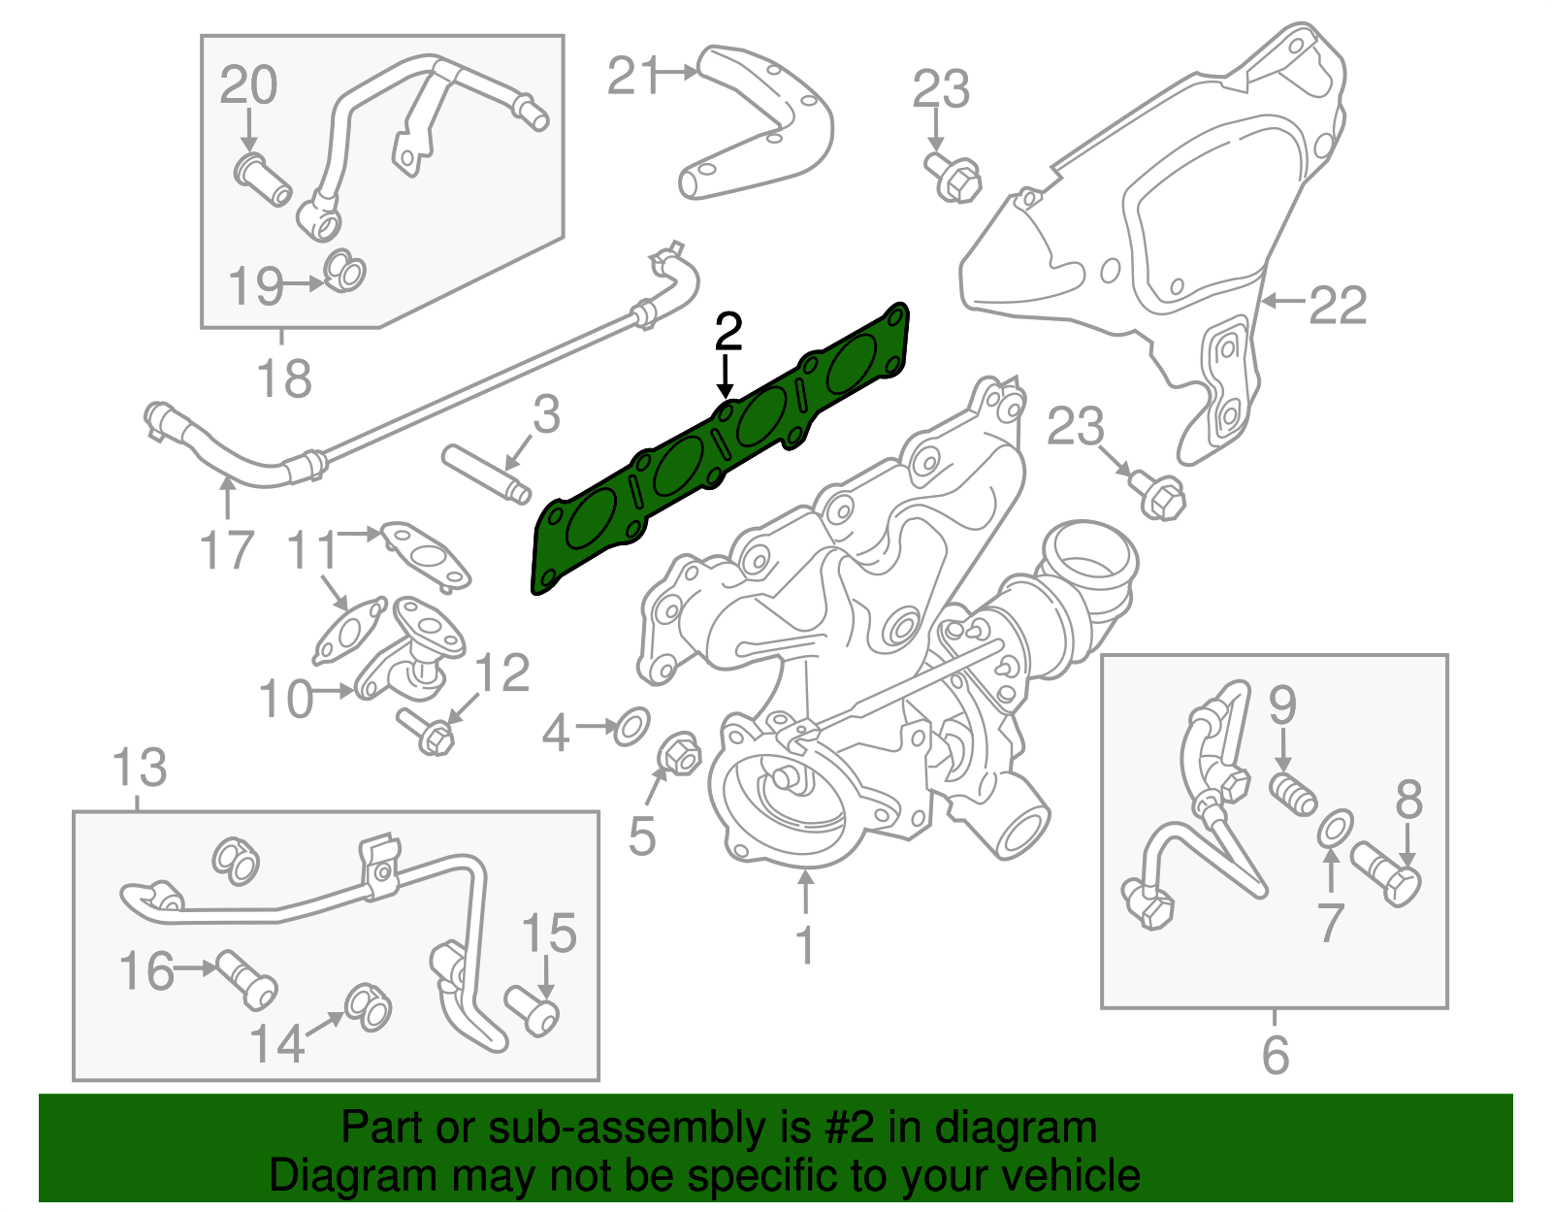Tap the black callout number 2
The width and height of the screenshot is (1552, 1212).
point(727,332)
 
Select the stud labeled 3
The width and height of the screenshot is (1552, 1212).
point(486,474)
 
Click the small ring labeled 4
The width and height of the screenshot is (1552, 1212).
point(631,726)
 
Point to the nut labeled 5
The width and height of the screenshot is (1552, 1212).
point(678,754)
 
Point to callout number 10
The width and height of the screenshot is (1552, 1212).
point(286,699)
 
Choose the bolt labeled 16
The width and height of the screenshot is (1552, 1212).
point(248,979)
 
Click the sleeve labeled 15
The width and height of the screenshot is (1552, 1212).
point(533,1011)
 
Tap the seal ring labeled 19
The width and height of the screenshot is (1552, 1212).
point(343,271)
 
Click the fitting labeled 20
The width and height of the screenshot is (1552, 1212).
point(263,179)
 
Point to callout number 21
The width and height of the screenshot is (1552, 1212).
point(634,76)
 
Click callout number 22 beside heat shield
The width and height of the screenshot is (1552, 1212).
point(1338,306)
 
